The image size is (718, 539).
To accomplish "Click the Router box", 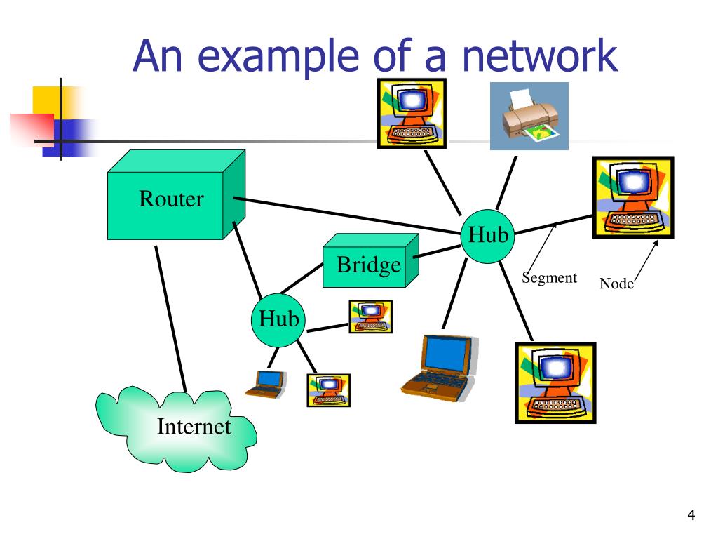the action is coord(176,195).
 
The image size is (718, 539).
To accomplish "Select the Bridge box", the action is coord(370,261).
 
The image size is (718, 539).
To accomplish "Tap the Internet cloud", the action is coord(176,429).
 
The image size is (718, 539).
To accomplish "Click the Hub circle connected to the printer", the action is coord(488,237).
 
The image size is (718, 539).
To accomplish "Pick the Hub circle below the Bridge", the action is coord(278,320).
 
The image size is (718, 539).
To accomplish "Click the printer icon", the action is coord(529,116).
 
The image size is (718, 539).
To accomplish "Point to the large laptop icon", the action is coord(439,368).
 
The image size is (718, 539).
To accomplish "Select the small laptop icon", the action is coord(266,384).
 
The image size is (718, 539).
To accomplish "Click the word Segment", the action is coord(550,278).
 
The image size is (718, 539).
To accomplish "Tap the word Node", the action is coord(616,284).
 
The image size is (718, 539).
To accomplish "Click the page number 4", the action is coord(691,515).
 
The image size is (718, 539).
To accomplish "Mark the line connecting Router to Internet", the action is coord(171,319).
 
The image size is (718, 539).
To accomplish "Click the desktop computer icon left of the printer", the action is coord(412,113).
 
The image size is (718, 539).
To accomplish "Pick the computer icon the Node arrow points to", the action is coord(633,197).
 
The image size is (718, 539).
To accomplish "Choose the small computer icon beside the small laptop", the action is coord(328,390).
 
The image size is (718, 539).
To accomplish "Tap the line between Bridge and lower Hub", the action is coord(302,278).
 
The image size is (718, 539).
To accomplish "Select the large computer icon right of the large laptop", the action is coord(555,382).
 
